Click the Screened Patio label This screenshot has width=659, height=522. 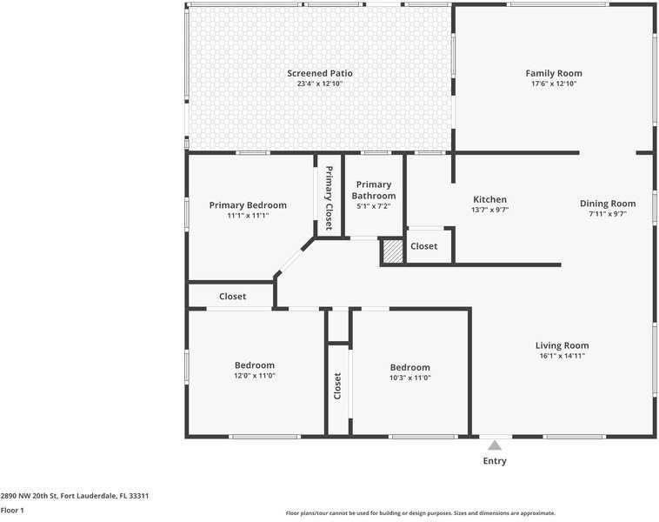coord(320,73)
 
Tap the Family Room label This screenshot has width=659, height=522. coord(554,73)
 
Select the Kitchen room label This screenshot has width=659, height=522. coord(489,199)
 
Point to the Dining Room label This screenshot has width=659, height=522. coord(608,204)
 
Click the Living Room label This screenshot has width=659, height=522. coord(562,345)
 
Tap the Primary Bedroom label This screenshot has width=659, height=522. coord(248,205)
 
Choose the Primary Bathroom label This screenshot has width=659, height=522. coord(374,190)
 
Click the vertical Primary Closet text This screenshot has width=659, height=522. coord(329,197)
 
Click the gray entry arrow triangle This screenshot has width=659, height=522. coord(495,445)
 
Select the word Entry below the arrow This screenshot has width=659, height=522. coord(495,461)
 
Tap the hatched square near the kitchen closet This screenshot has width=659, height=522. coord(393,251)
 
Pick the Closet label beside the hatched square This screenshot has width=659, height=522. coord(424,246)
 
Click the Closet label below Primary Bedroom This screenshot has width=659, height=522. coord(232,297)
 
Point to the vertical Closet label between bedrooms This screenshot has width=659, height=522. coord(338,386)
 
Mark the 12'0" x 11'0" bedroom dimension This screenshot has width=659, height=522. coord(255,376)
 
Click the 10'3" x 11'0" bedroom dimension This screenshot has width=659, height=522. coord(409,378)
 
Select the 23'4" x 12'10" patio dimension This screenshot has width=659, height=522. coord(320,84)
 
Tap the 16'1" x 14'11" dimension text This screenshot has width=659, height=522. coord(562,356)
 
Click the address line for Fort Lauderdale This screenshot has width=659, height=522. coord(75,496)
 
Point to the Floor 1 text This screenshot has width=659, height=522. coord(12,510)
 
